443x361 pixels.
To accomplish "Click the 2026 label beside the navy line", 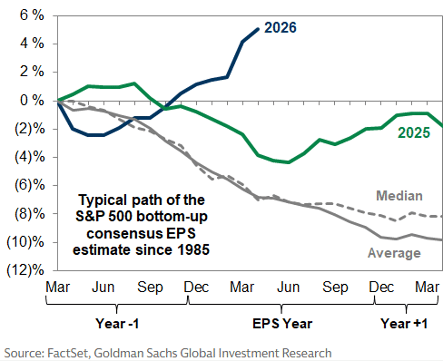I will pos(281,28).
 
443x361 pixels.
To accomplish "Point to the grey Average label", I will pos(394,253).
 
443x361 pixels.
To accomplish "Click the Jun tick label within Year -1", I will pos(103,287).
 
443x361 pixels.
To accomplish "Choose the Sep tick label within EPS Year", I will pos(335,287).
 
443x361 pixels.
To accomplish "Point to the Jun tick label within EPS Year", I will pos(288,287).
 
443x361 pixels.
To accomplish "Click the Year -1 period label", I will pos(117,324).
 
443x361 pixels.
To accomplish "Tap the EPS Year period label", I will pos(282,324).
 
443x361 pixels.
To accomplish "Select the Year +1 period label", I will pos(404,324).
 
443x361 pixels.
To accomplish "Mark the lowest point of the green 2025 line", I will pos(288,162).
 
